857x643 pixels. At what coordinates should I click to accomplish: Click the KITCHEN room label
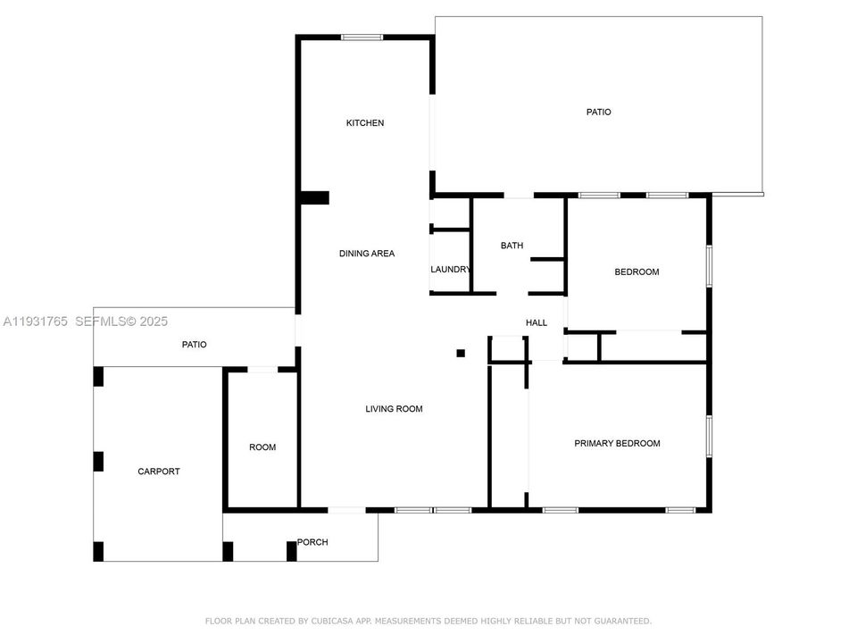pyautogui.click(x=365, y=122)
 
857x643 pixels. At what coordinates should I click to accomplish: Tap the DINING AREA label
pyautogui.click(x=366, y=254)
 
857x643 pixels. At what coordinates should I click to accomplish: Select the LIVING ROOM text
pyautogui.click(x=394, y=409)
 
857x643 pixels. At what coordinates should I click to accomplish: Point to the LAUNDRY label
pyautogui.click(x=450, y=270)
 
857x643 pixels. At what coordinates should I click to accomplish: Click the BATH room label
pyautogui.click(x=512, y=246)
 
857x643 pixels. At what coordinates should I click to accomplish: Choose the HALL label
pyautogui.click(x=537, y=322)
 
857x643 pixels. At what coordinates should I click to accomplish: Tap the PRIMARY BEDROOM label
pyautogui.click(x=617, y=443)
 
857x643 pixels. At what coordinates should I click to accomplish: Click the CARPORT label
pyautogui.click(x=158, y=472)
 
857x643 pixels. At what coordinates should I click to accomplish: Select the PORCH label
pyautogui.click(x=312, y=542)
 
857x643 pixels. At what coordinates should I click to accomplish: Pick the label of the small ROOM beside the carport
pyautogui.click(x=262, y=447)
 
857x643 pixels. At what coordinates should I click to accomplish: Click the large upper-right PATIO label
pyautogui.click(x=598, y=113)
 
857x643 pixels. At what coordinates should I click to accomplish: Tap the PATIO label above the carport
pyautogui.click(x=195, y=344)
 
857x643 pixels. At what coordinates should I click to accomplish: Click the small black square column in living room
pyautogui.click(x=461, y=353)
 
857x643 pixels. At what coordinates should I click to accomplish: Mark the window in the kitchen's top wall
pyautogui.click(x=362, y=38)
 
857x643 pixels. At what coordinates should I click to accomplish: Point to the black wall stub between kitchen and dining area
pyautogui.click(x=314, y=198)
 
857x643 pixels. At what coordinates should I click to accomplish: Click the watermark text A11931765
pyautogui.click(x=36, y=321)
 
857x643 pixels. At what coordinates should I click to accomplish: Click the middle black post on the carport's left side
pyautogui.click(x=98, y=462)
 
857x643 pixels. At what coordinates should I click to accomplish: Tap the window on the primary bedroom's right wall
pyautogui.click(x=709, y=436)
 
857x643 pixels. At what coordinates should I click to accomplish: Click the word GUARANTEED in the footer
pyautogui.click(x=622, y=621)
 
